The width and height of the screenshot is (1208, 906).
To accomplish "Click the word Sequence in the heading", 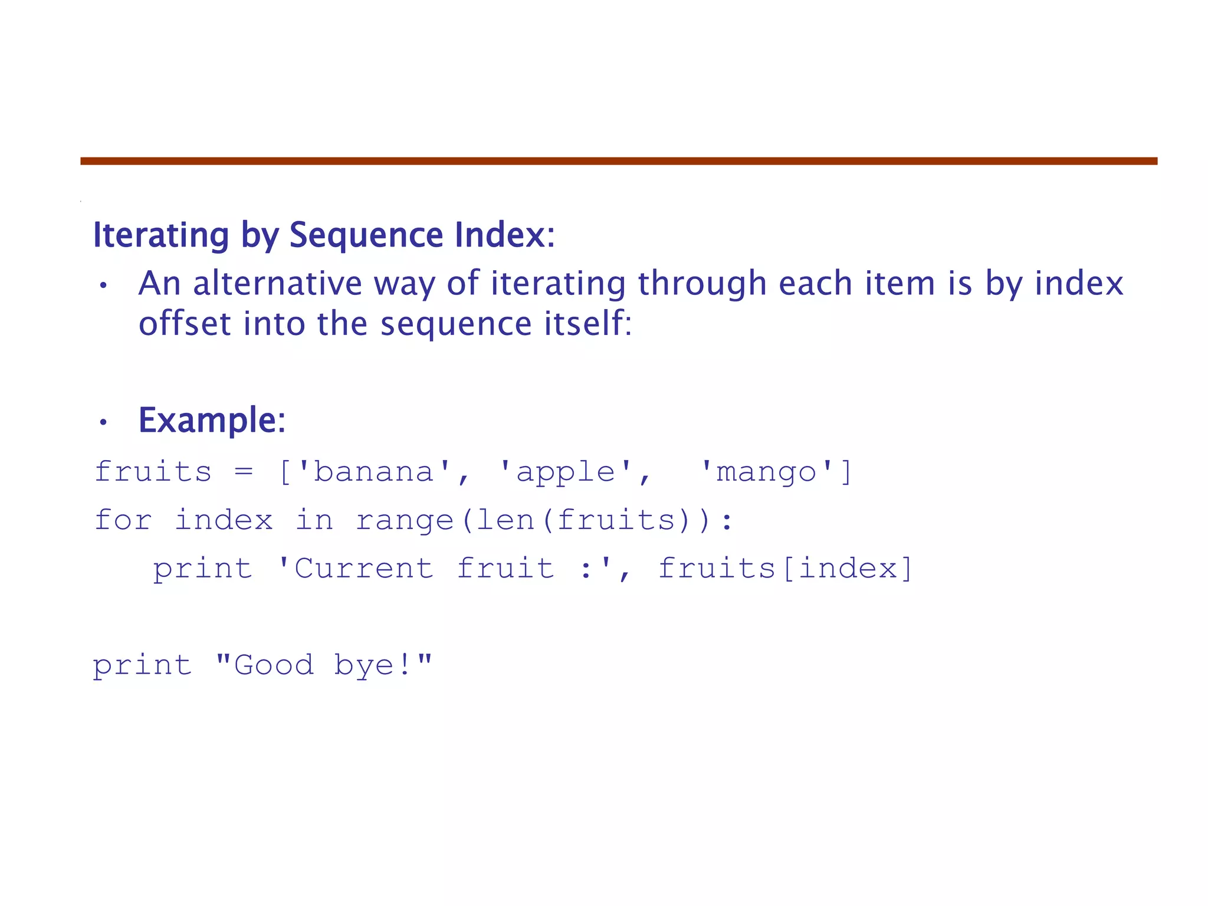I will click(x=366, y=235).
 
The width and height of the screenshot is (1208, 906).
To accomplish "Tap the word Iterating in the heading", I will click(x=161, y=235).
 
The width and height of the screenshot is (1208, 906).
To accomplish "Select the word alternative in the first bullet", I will click(x=277, y=283).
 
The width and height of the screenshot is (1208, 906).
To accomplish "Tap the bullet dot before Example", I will click(x=103, y=422).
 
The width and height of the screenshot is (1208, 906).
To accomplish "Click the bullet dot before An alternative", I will click(x=103, y=285).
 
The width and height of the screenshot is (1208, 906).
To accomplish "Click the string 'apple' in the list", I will click(x=566, y=472).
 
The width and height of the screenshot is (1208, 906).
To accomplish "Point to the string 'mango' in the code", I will click(x=766, y=472).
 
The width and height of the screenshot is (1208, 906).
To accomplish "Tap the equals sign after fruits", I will click(x=244, y=472).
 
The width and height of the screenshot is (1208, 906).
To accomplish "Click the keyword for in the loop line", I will click(x=123, y=520).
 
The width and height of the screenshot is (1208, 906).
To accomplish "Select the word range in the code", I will click(x=405, y=520).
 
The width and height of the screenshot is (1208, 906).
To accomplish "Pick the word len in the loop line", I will click(x=505, y=520).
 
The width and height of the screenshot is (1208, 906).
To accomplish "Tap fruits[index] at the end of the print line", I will click(x=785, y=569).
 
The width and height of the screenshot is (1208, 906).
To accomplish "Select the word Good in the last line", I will click(x=274, y=665).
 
